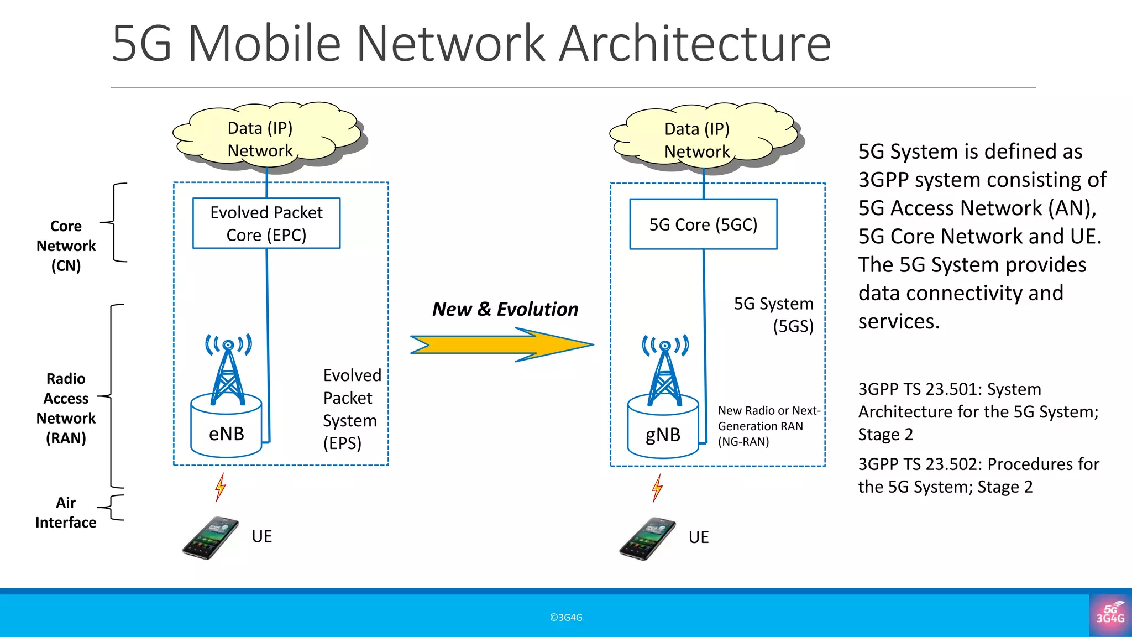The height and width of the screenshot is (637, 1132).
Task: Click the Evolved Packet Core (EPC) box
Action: pos(266,223)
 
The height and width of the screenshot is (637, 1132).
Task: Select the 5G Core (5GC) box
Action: pos(703,224)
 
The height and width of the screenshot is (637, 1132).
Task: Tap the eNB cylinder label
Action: pos(226,434)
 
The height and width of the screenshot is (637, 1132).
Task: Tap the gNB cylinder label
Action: pos(663,435)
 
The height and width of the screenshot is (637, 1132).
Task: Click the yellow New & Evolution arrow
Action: pos(502,344)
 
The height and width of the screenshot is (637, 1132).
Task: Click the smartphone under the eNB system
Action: pos(211,538)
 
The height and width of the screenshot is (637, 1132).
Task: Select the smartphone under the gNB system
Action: pos(647,539)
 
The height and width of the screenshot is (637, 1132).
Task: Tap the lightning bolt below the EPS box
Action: pos(221,487)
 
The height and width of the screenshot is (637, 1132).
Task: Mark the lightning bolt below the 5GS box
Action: pos(657,488)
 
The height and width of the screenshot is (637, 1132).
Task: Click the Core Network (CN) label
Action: pos(66,246)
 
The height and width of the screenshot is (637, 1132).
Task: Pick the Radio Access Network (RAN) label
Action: pos(66,408)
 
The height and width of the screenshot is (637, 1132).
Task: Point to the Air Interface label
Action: pos(66,513)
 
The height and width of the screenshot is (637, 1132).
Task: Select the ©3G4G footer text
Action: pos(566,618)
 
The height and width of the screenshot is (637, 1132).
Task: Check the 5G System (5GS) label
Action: pos(774,315)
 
